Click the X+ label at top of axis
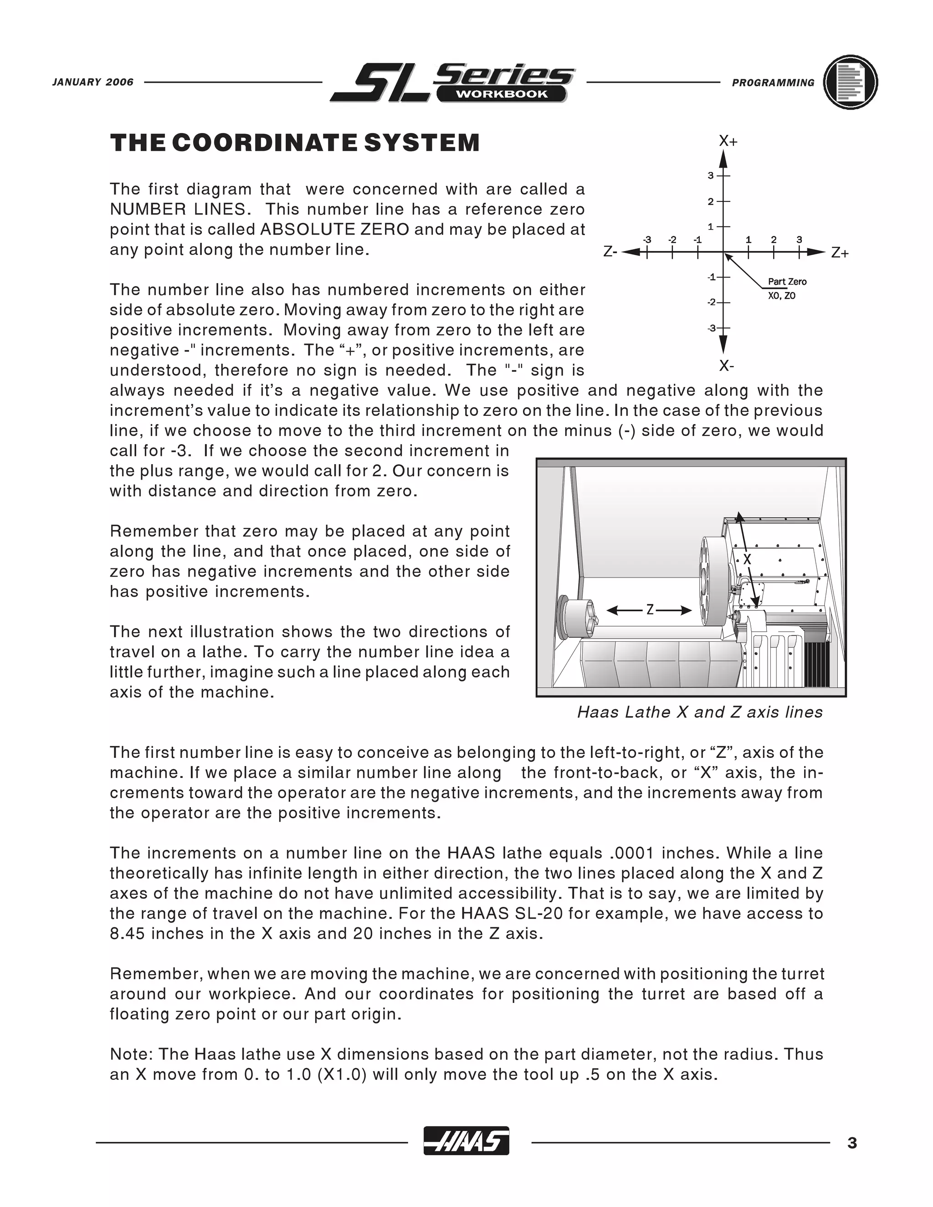tap(728, 142)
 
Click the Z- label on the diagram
tap(610, 253)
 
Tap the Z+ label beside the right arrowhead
tap(840, 253)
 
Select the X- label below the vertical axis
tap(726, 366)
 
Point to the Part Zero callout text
tap(787, 282)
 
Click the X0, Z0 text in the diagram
tap(782, 296)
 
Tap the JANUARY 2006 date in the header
tap(93, 82)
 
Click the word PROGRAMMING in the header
tap(773, 83)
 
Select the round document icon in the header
tap(850, 82)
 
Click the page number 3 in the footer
tap(852, 1143)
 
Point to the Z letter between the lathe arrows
tap(650, 610)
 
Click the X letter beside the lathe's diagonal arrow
tap(747, 560)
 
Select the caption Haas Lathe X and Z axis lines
tap(700, 712)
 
